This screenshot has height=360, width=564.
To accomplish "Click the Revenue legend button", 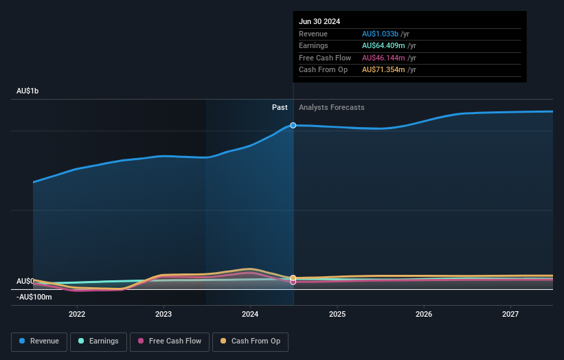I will (40, 341).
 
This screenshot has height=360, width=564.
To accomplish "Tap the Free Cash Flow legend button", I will (170, 341).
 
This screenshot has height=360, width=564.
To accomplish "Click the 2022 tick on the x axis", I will (77, 314).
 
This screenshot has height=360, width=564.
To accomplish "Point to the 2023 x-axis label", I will (163, 314).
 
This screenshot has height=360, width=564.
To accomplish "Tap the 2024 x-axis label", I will (250, 314).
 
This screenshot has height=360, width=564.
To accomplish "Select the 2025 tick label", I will (337, 314).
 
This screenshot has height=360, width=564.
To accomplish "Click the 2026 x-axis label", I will (424, 314).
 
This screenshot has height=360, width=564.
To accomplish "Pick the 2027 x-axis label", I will (510, 314).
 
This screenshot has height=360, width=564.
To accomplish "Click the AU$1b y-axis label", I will (28, 91).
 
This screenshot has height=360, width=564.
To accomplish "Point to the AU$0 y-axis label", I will (25, 281).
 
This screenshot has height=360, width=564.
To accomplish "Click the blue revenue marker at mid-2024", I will (293, 125).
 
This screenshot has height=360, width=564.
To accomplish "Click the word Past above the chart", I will (280, 107).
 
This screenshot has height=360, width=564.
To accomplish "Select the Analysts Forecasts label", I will (331, 107).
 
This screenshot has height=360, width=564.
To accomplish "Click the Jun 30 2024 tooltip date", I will (319, 21).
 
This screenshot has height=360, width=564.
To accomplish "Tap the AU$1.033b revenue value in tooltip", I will (381, 34).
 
